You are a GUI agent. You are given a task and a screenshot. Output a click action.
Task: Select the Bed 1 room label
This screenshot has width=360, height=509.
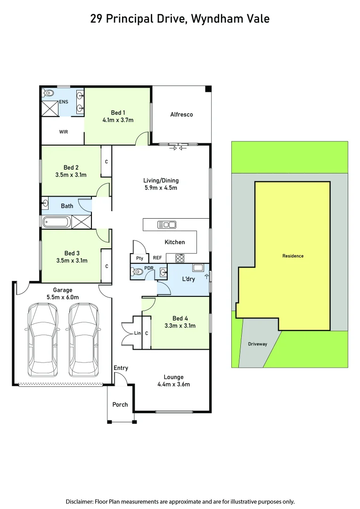[x=118, y=113]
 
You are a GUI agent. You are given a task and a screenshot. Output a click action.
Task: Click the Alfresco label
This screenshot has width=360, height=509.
[x=181, y=115]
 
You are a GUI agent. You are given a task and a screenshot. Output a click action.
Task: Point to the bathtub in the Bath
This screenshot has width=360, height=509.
[x=57, y=222]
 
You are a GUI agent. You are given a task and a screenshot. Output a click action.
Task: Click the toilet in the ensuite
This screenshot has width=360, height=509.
[x=49, y=93]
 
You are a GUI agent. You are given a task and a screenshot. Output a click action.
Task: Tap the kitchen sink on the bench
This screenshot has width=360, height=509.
[x=167, y=224]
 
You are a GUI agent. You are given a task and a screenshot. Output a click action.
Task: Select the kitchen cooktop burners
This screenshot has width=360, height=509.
[x=180, y=257]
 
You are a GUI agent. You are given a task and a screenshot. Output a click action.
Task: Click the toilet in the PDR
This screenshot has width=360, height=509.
[x=138, y=272]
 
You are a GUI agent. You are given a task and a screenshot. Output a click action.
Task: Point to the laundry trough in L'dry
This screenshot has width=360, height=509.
[x=198, y=268]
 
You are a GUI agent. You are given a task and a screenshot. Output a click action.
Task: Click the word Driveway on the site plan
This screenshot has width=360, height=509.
[x=257, y=344]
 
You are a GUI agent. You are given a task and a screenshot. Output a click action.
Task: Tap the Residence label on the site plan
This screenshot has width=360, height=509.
[x=293, y=256]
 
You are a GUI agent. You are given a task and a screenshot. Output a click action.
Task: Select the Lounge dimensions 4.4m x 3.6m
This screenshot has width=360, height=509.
[x=173, y=384]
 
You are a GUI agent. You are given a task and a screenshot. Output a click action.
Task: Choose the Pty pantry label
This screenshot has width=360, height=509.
[x=139, y=258]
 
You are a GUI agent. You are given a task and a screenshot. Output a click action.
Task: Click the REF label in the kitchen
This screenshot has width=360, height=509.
[x=157, y=258]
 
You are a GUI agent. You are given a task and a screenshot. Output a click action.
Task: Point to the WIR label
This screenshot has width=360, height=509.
[x=64, y=132]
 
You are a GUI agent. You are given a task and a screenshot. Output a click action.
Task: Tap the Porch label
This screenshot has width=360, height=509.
[x=120, y=404]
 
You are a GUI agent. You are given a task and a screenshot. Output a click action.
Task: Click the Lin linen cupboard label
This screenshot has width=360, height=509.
[x=138, y=333]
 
